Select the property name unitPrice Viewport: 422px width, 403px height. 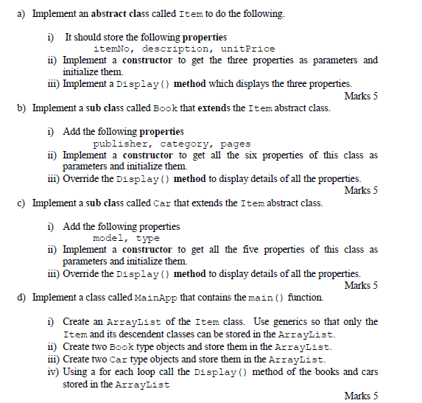[x=247, y=49]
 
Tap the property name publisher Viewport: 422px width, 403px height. [x=122, y=144]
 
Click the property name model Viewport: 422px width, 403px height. [x=109, y=238]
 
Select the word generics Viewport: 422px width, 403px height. [x=293, y=321]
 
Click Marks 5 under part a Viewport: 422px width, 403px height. [x=361, y=96]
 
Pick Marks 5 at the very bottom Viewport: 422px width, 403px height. [x=361, y=396]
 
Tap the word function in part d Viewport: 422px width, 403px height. [x=305, y=297]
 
